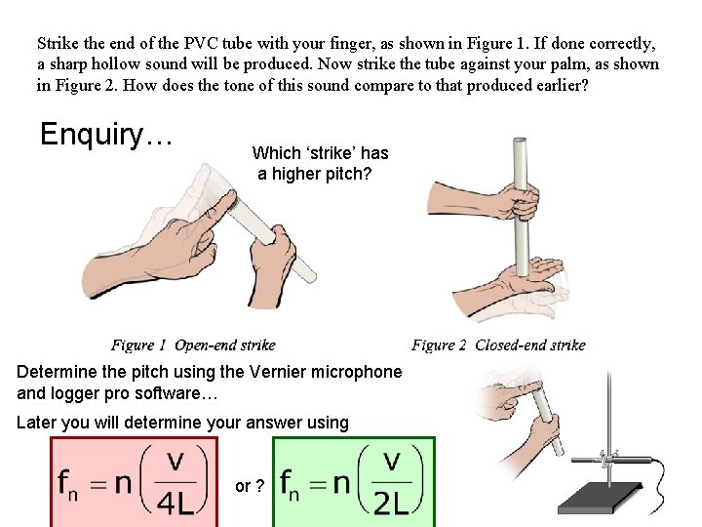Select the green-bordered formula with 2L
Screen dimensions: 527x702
pos(354,482)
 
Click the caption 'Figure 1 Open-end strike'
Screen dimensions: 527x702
pos(193,345)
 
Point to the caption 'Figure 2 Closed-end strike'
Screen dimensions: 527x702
pos(498,345)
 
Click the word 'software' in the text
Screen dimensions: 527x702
pos(185,394)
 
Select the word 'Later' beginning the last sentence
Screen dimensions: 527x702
pos(37,423)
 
